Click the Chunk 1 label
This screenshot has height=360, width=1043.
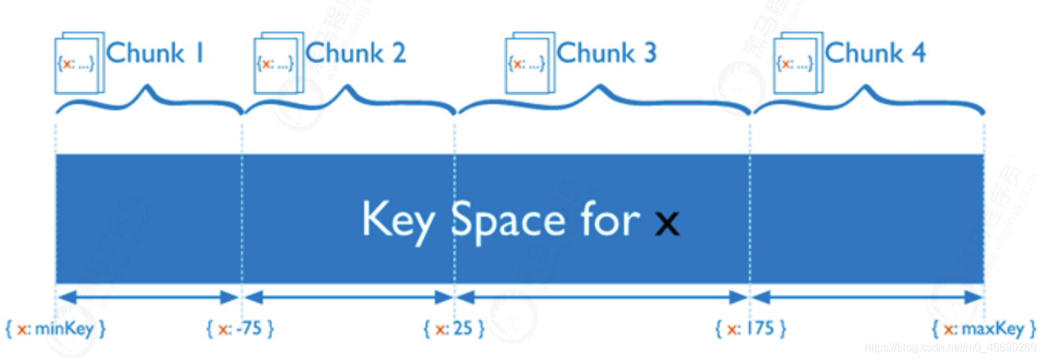(x=156, y=53)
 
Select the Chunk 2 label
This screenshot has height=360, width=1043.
(x=355, y=53)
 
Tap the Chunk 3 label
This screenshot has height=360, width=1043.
(x=606, y=53)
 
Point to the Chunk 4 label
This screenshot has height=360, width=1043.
(x=875, y=53)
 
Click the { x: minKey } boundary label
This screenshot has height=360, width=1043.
(x=55, y=329)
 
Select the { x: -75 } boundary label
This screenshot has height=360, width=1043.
(x=240, y=329)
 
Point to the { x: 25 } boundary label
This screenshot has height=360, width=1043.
(x=454, y=329)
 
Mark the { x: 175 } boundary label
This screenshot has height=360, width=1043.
(x=751, y=329)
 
